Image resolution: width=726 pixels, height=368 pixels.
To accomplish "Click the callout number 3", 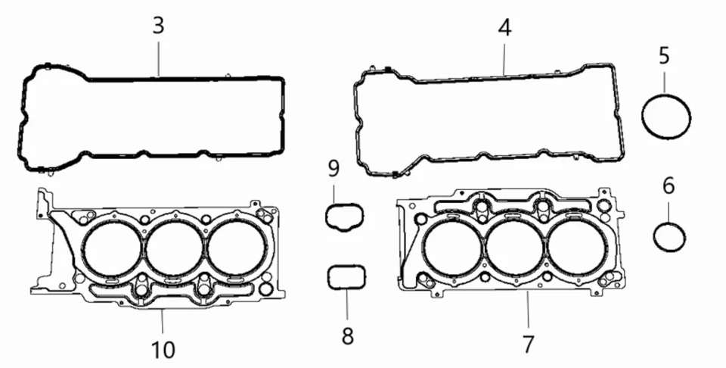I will coord(157,25).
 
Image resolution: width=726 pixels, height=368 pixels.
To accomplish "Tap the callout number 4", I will coord(504,28).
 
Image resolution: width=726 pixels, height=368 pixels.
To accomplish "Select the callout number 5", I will coord(664,55).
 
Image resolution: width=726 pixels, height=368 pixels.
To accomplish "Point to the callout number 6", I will coord(669,186).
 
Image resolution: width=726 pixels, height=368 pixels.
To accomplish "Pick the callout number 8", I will coord(347,335).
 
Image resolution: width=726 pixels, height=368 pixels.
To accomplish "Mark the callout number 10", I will coord(163,349).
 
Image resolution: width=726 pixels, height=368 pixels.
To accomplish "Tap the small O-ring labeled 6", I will coord(669,237).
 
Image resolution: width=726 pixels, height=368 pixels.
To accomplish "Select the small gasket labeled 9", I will coord(345,216).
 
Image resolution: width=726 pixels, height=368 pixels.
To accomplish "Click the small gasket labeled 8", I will coord(346,277).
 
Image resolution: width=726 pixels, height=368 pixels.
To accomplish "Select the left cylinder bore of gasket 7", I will coord(452,248).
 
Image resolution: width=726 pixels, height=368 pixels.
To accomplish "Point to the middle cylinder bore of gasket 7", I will coord(514,248).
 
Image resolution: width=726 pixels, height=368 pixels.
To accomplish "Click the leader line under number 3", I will coord(157,56).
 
